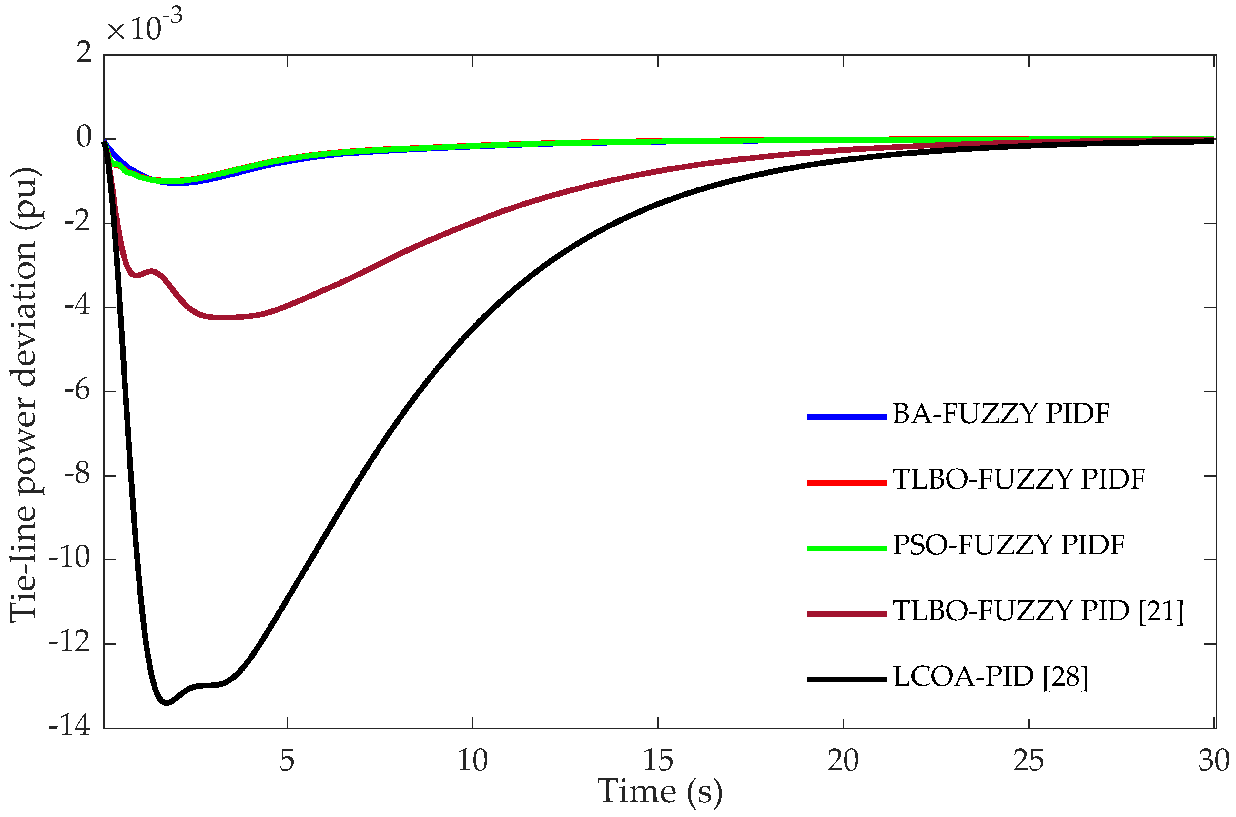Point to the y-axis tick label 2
coord(83,53)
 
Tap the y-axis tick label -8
coord(77,475)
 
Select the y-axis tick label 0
coord(83,137)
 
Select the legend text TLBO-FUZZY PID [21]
coord(1038,611)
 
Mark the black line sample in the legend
coord(846,680)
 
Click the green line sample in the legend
coord(846,548)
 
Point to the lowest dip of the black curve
coord(166,703)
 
